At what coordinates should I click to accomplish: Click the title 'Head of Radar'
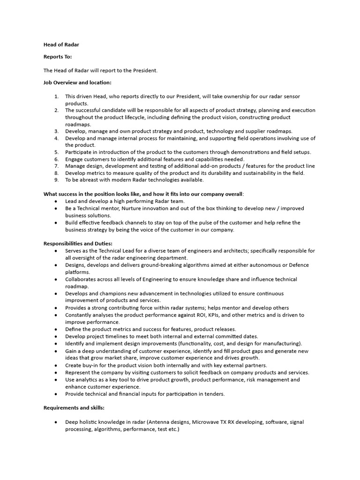click(61, 45)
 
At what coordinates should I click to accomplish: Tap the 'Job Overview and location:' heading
click(77, 83)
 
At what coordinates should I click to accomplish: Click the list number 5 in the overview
click(56, 152)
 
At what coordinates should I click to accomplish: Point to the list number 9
click(56, 180)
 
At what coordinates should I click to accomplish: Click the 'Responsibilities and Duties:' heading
click(78, 244)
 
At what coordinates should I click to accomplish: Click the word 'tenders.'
click(214, 394)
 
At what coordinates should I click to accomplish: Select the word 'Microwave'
click(207, 422)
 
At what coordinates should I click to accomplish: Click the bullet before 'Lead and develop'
click(56, 201)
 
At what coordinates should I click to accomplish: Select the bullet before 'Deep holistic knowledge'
click(56, 422)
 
